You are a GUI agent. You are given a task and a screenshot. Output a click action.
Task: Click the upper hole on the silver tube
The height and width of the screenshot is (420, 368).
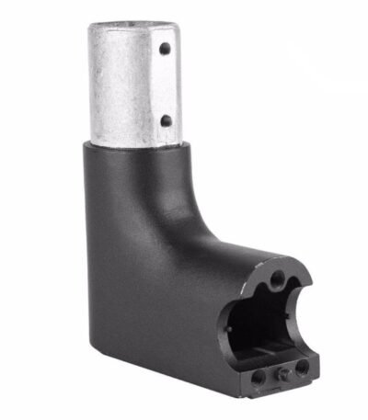click(x=166, y=51)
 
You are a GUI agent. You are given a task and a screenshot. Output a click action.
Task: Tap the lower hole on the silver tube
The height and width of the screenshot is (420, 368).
click(x=166, y=120)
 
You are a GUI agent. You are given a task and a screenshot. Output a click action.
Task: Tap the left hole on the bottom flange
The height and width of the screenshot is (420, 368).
click(x=257, y=376)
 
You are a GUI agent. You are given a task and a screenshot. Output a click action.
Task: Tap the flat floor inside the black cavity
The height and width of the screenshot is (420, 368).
click(x=267, y=354)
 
